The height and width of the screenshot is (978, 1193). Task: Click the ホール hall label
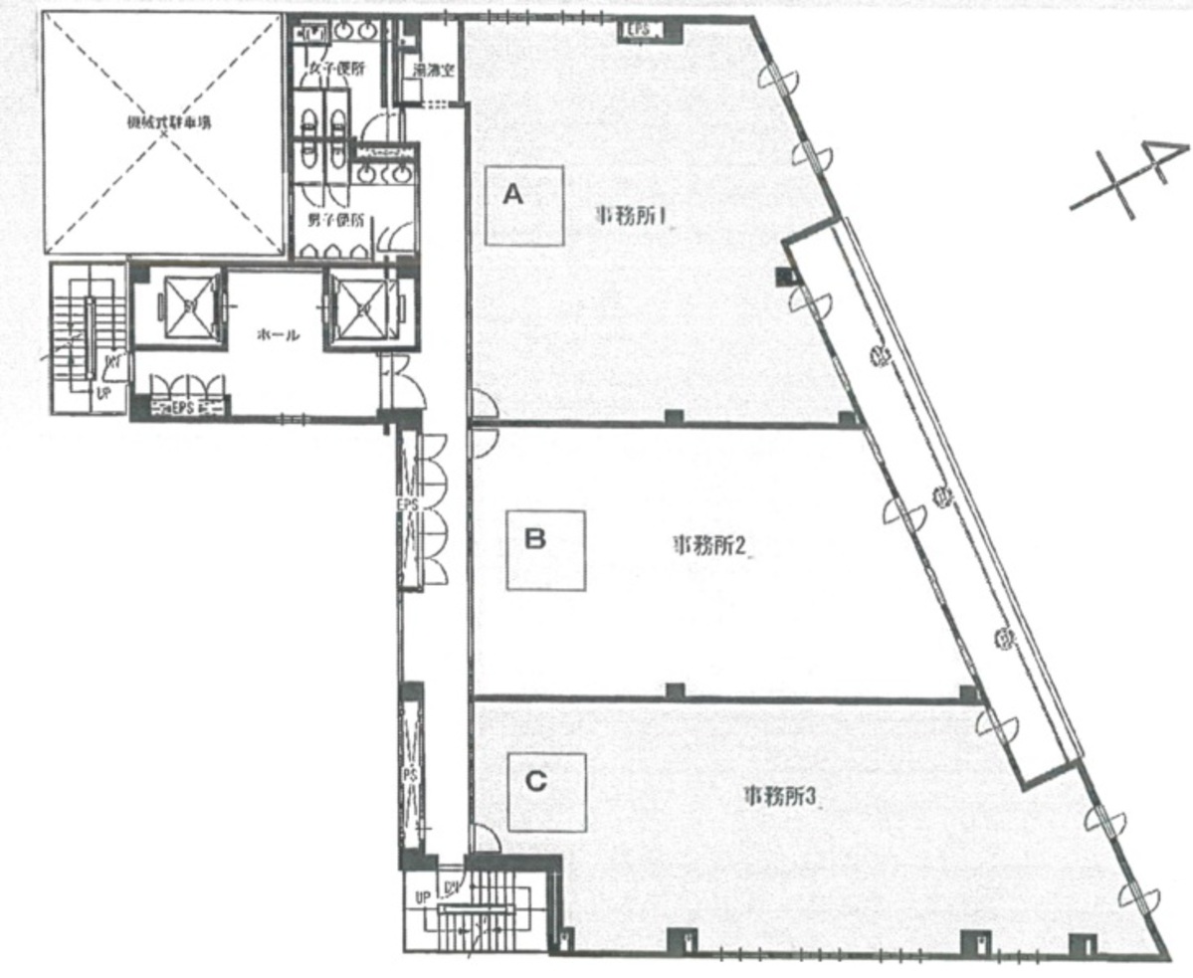click(x=278, y=336)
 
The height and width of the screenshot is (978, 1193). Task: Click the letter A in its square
click(x=512, y=195)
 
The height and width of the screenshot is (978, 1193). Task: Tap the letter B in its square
click(x=534, y=539)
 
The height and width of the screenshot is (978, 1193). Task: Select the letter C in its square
click(x=535, y=782)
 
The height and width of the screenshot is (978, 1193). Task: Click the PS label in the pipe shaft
click(x=407, y=772)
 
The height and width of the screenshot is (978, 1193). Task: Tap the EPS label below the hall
click(x=180, y=407)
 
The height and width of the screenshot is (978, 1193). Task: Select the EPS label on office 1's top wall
click(x=637, y=31)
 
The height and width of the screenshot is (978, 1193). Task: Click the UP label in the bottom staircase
click(x=422, y=898)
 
